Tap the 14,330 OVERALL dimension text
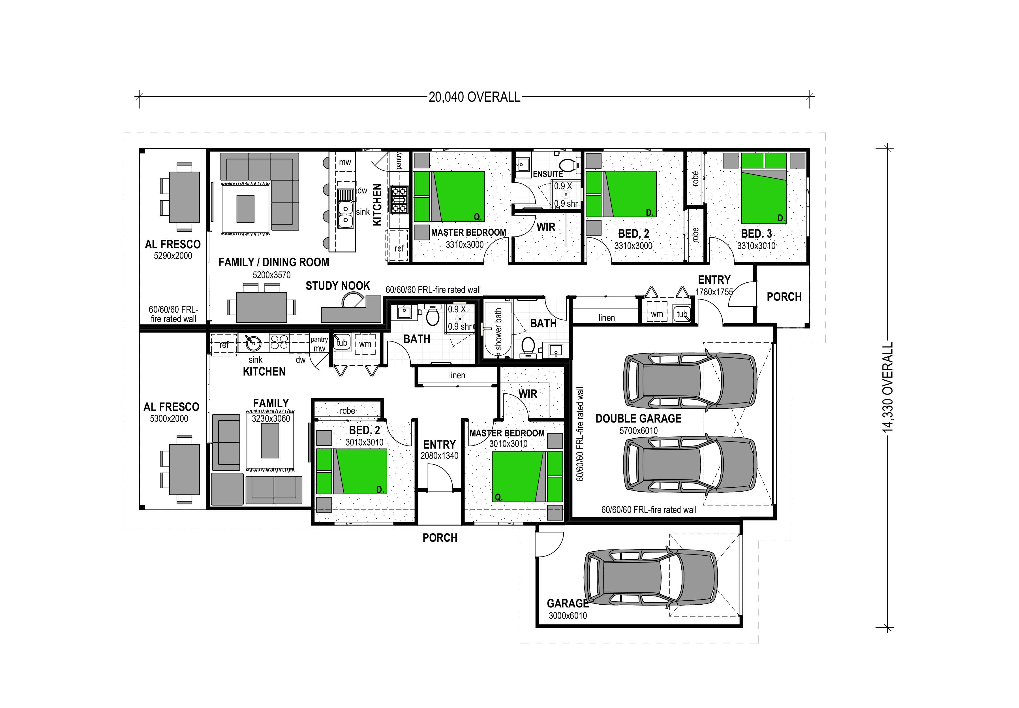(x=888, y=387)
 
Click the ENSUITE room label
(x=548, y=174)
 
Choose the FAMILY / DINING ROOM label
(x=274, y=262)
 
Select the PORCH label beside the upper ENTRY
(x=784, y=297)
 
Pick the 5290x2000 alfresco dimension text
(x=173, y=256)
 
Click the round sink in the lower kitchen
(x=254, y=343)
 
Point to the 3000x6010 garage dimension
(x=568, y=616)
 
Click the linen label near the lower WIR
(x=457, y=375)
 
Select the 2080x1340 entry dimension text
(x=439, y=456)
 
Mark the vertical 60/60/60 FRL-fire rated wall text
(x=580, y=434)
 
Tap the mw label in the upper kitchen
(x=345, y=162)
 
